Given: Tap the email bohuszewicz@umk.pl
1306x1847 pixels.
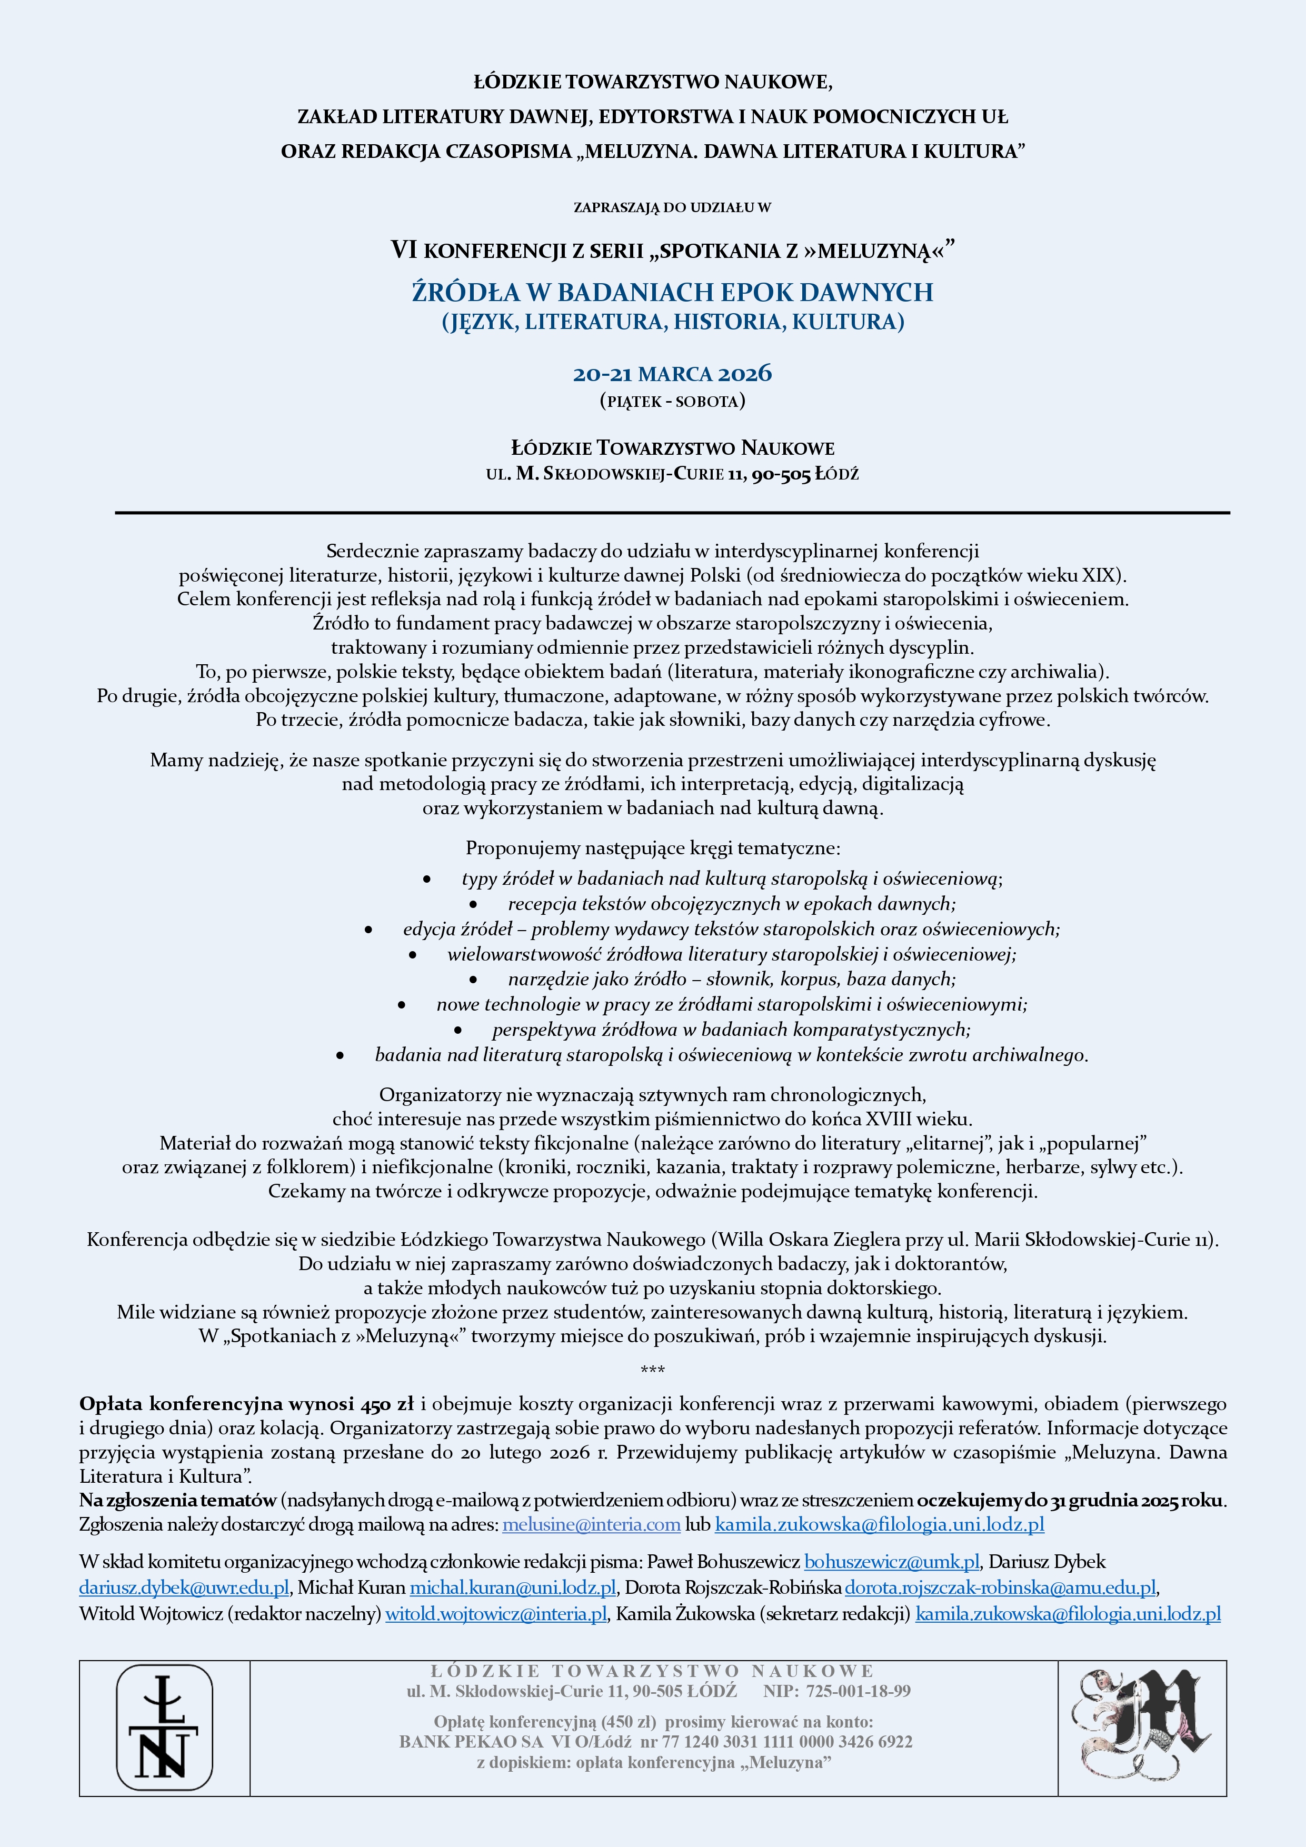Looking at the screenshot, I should tap(892, 1561).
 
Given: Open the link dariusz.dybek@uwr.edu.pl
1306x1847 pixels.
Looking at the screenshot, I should tap(184, 1587).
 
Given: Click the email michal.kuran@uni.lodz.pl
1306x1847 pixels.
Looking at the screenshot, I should tap(513, 1587).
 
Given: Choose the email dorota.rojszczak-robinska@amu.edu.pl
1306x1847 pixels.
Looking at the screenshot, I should tap(1000, 1587).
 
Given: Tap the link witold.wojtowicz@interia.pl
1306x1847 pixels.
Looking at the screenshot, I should tap(496, 1613).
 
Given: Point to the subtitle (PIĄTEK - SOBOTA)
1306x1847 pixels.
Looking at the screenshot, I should tap(672, 401).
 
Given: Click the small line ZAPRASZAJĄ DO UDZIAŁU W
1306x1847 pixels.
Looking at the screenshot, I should tap(672, 207).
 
